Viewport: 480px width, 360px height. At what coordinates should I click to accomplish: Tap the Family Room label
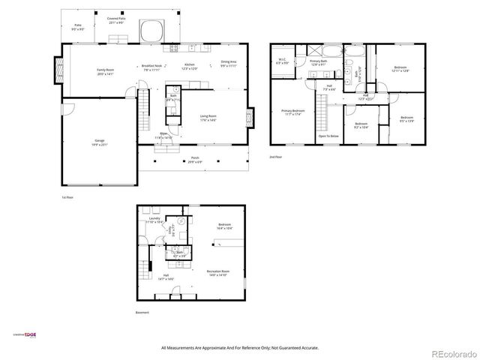(x=104, y=71)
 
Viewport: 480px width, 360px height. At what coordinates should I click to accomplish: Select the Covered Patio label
(x=116, y=20)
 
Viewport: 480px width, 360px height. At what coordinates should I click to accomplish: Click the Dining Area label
(x=229, y=64)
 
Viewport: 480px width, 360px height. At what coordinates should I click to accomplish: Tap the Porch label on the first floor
(x=194, y=160)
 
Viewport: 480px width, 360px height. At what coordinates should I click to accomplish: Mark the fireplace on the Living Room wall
(x=250, y=118)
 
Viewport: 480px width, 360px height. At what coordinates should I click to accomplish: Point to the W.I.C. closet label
(x=283, y=61)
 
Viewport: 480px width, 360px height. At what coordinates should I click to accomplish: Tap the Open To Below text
(x=328, y=136)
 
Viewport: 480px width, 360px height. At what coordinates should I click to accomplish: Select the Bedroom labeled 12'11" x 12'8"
(x=400, y=70)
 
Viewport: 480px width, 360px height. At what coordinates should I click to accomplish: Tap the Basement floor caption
(x=142, y=312)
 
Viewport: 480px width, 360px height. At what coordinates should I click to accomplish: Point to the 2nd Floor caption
(x=277, y=157)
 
